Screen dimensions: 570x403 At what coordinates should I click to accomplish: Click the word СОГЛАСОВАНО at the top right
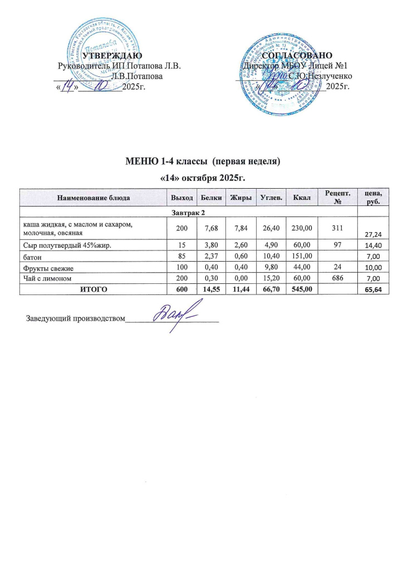pyautogui.click(x=297, y=56)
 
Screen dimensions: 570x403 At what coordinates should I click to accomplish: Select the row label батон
pyautogui.click(x=31, y=257)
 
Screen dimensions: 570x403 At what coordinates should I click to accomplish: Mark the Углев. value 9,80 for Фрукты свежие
pyautogui.click(x=268, y=267)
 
